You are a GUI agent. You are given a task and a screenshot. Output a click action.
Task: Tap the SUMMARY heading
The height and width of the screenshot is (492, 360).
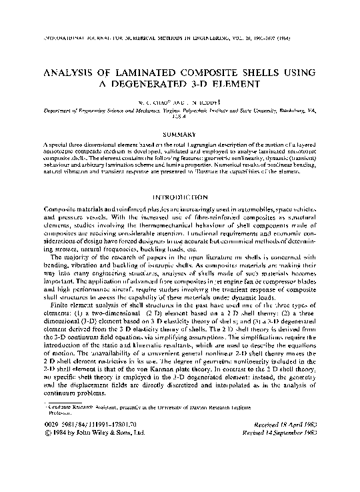tap(181, 135)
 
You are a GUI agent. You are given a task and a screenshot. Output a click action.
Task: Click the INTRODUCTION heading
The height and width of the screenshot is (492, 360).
tap(181, 199)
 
